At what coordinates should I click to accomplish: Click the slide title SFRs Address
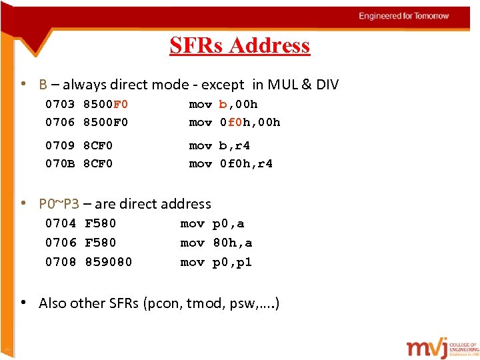point(239,45)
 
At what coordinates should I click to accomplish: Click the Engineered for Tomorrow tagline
point(404,16)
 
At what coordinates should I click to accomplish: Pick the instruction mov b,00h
point(223,104)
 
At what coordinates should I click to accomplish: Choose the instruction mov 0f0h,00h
point(235,122)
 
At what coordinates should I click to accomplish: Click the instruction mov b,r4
point(219,145)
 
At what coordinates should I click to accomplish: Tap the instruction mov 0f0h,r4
point(231,163)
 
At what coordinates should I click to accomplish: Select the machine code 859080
point(109,262)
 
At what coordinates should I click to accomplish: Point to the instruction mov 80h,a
point(216,243)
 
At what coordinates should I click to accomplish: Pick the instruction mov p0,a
point(213,223)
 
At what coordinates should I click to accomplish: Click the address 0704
point(60,223)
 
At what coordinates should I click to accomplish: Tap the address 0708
point(60,262)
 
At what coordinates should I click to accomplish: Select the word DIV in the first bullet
point(326,85)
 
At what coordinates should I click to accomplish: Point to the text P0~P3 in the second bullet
point(59,204)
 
